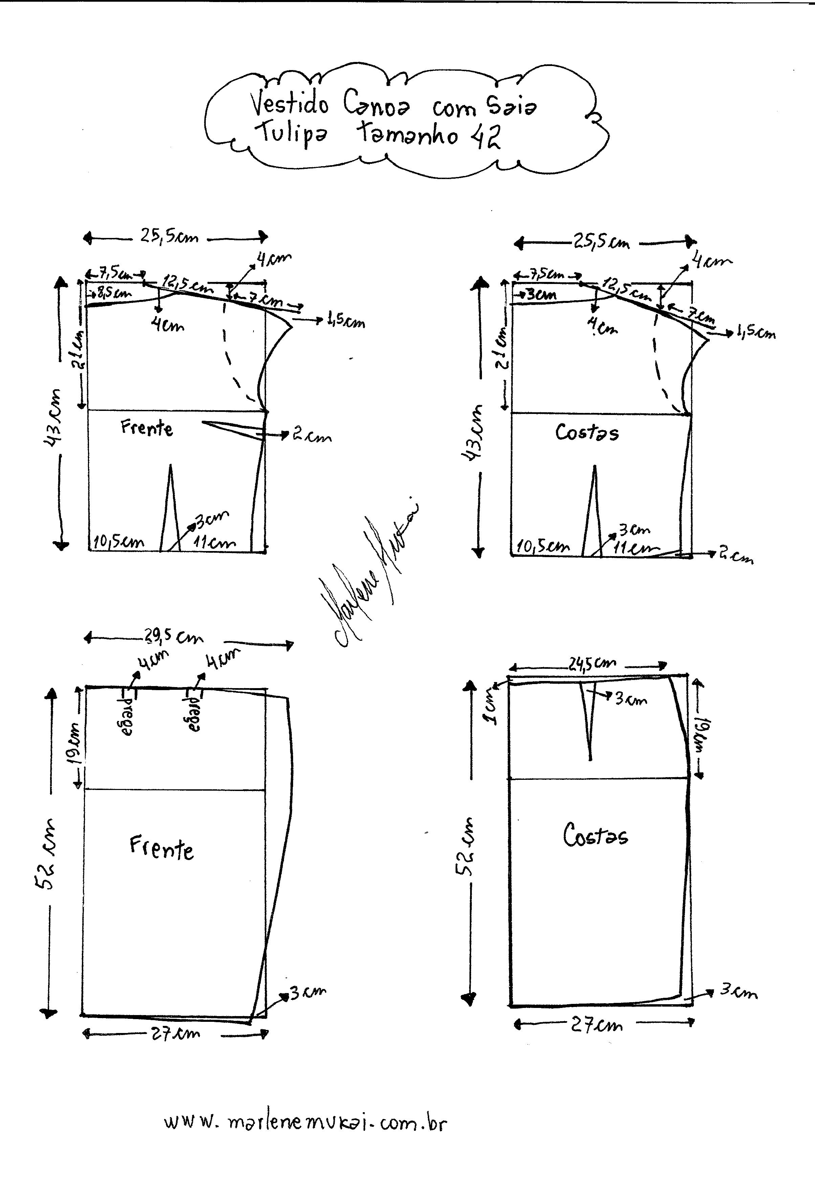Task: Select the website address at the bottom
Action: pos(305,1123)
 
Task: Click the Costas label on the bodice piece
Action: pos(587,433)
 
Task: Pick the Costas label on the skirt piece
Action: pos(595,836)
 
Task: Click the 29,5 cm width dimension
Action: pos(173,638)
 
